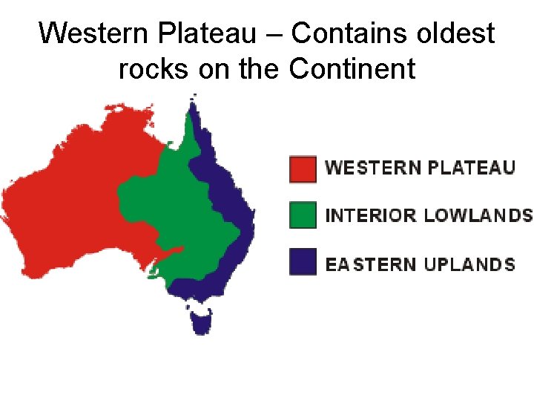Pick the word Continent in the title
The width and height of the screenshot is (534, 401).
(352, 69)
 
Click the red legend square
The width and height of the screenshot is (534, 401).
(303, 168)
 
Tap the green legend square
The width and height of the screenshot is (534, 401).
(303, 215)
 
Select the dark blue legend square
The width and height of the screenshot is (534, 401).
(303, 262)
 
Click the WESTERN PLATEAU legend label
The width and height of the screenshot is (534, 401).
(420, 168)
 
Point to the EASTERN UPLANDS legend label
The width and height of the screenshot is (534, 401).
(421, 264)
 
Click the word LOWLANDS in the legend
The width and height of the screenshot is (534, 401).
(478, 216)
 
